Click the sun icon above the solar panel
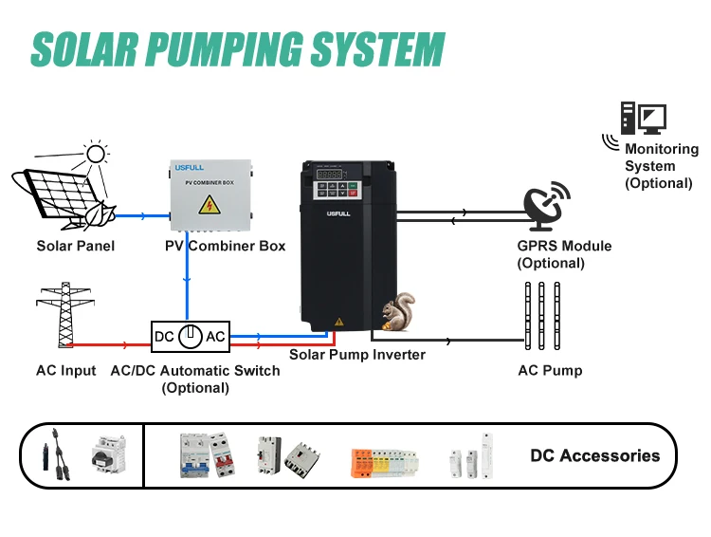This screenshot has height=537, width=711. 95,156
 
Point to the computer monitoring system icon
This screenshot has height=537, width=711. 644,120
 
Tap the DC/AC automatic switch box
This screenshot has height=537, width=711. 191,336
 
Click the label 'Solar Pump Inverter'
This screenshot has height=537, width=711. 357,355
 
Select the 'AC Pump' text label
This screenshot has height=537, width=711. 550,370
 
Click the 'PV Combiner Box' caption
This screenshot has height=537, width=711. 225,247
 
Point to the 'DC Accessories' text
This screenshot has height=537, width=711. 594,455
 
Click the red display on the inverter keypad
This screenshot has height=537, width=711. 329,176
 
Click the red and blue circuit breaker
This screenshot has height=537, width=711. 207,455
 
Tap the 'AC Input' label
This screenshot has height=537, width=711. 65,370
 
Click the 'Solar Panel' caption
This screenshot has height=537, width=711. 76,247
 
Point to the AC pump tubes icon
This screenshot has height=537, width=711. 536,314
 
